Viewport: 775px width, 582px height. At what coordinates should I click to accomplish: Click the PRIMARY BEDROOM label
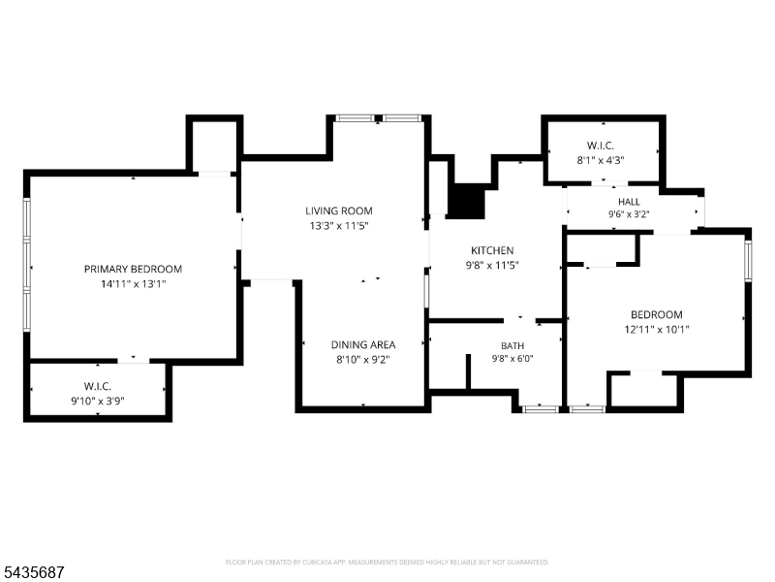[133, 270]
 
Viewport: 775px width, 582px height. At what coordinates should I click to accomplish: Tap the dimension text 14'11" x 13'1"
[133, 284]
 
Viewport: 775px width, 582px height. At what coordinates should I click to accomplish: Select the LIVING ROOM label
[338, 210]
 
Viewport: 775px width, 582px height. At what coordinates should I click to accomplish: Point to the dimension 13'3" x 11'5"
[338, 226]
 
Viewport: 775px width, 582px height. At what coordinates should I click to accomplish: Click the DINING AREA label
[363, 344]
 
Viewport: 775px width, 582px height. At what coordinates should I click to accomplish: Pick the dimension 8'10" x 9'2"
[363, 359]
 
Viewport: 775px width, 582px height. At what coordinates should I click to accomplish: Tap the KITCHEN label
[492, 250]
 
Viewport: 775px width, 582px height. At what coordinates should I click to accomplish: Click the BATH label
[512, 346]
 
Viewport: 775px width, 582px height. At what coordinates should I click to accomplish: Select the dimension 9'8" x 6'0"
[512, 359]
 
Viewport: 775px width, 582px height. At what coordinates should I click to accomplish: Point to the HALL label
[629, 202]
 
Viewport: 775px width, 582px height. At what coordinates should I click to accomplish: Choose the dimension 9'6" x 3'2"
[629, 214]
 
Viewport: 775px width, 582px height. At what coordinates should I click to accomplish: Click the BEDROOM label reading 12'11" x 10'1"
[657, 314]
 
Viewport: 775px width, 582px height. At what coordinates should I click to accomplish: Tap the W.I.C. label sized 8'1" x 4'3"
[601, 146]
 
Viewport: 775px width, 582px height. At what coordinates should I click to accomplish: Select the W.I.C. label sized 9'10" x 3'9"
[98, 386]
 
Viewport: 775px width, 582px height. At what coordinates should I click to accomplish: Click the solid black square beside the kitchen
[466, 201]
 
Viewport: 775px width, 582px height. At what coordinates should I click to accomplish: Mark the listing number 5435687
[32, 572]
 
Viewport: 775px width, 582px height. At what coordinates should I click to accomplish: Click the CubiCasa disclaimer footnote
[387, 563]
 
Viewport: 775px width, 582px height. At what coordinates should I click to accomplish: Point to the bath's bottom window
[540, 409]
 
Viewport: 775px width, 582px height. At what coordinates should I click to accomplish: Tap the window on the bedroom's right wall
[748, 260]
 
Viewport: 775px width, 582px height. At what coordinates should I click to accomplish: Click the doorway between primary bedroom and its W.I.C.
[134, 361]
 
